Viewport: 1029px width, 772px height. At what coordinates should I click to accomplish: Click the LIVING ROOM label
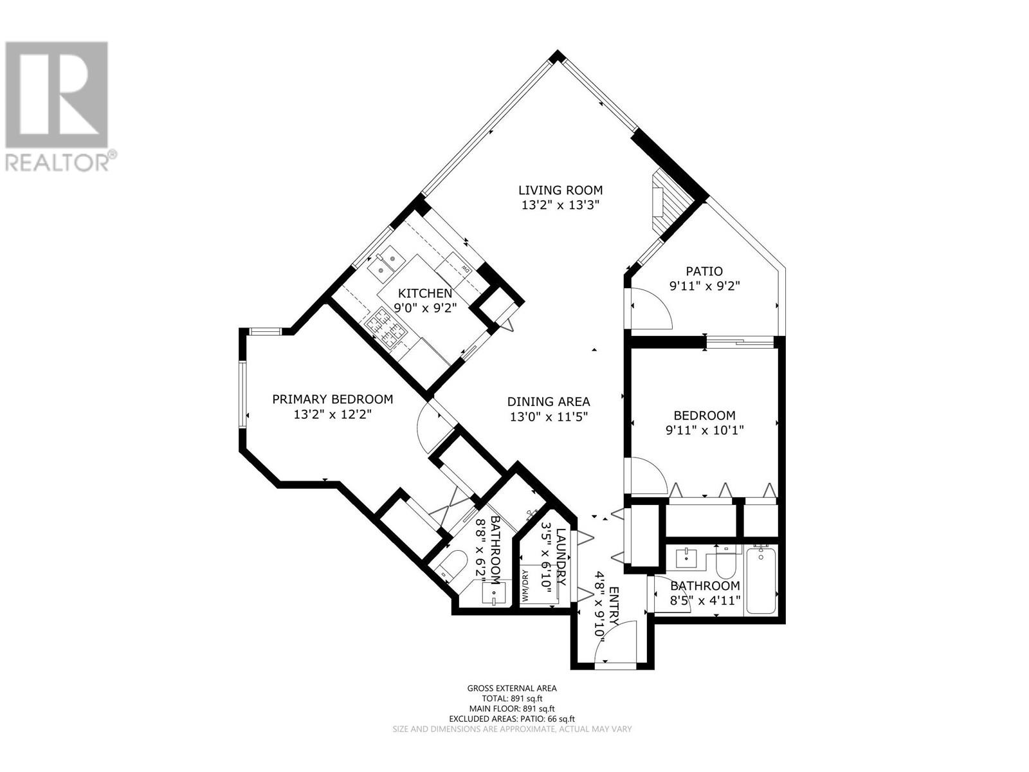pyautogui.click(x=560, y=190)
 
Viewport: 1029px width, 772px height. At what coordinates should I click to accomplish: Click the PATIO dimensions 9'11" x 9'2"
pyautogui.click(x=705, y=287)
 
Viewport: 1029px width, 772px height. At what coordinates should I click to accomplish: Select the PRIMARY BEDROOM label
pyautogui.click(x=332, y=400)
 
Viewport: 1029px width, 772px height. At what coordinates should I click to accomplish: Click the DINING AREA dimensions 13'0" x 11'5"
pyautogui.click(x=549, y=417)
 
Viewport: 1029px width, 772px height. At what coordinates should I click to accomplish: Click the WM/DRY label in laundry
pyautogui.click(x=525, y=586)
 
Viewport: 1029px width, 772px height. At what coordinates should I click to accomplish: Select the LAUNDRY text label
pyautogui.click(x=561, y=556)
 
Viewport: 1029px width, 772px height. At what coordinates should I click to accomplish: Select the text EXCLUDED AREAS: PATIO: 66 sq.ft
pyautogui.click(x=512, y=719)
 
